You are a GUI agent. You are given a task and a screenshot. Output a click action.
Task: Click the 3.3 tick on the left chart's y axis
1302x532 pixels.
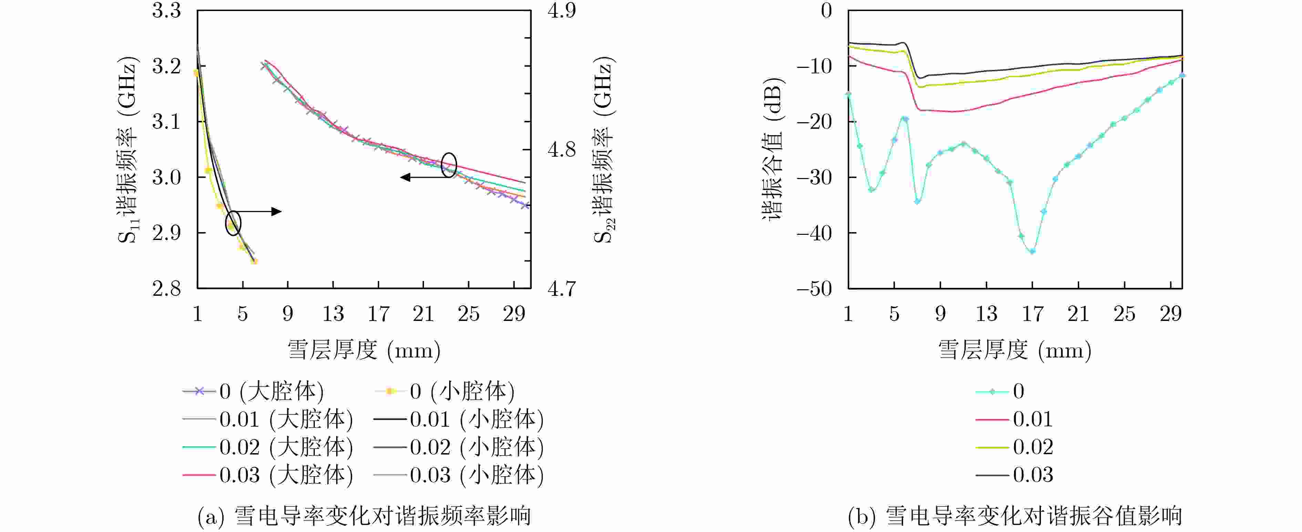pos(166,11)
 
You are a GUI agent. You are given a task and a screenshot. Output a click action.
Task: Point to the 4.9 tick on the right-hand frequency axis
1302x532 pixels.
pos(561,11)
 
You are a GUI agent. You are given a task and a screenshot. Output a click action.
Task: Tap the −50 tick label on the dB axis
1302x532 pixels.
pos(814,289)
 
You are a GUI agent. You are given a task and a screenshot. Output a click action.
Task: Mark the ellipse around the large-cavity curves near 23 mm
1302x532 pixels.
pos(449,165)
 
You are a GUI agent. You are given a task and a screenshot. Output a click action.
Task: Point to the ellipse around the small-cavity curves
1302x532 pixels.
pos(233,223)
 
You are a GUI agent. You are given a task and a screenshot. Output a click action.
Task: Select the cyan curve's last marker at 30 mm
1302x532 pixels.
pos(1182,76)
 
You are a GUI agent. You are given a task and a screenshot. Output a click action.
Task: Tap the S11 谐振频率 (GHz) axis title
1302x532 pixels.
pos(127,150)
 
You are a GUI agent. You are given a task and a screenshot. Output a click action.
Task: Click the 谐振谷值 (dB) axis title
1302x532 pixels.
pos(772,149)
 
